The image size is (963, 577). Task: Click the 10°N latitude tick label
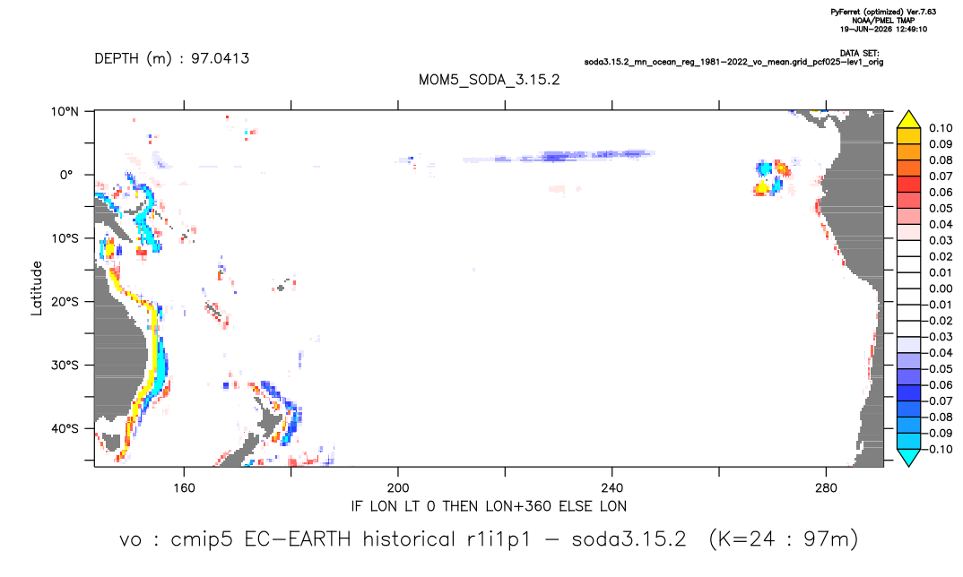coord(65,112)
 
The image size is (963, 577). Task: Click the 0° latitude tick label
coord(66,175)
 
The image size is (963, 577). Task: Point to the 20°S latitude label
coord(65,302)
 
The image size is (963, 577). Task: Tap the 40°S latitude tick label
coord(65,428)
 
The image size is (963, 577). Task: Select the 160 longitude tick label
coord(184,488)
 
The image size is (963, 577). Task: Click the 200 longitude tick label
coord(398,488)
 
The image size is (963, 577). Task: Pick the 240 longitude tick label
coord(612,488)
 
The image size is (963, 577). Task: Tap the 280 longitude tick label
coord(826,488)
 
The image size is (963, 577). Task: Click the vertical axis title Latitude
coord(37,288)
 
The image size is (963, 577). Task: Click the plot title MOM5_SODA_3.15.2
coord(490,80)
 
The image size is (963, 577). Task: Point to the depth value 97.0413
coord(221,58)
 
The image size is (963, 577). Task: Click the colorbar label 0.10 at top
coord(941,128)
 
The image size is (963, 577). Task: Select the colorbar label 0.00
coord(941,288)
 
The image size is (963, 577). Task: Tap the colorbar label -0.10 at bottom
coord(938,449)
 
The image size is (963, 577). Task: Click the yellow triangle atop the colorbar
coord(909,120)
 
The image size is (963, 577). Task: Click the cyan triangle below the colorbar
coord(909,457)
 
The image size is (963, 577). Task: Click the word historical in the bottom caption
coord(408,539)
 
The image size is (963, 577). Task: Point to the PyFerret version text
coord(883,12)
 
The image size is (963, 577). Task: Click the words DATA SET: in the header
coord(860,54)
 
